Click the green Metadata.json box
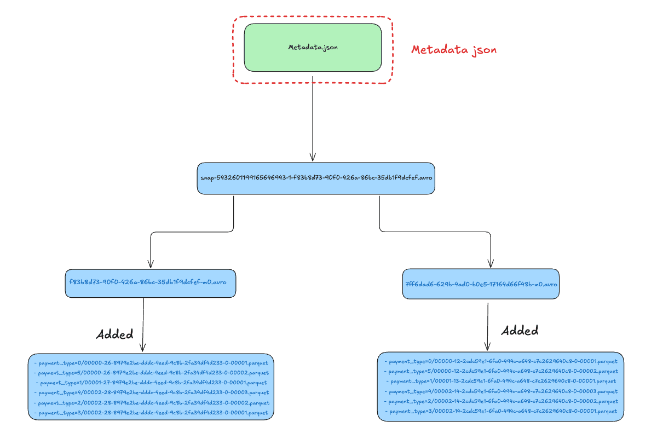(313, 48)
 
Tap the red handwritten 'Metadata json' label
(454, 50)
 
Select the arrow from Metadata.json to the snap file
(313, 119)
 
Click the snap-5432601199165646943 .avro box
(316, 178)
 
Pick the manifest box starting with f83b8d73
(151, 284)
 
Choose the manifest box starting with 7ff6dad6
(481, 284)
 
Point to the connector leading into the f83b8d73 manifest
(192, 232)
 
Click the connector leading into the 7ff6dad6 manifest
(435, 232)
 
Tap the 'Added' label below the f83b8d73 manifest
(114, 334)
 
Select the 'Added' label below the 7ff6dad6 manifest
(520, 331)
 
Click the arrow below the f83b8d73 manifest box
(143, 325)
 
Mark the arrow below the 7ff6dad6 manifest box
(488, 327)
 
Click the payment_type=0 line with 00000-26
(151, 363)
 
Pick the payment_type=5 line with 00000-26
(151, 373)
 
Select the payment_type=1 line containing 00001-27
(151, 383)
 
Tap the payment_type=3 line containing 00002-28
(151, 413)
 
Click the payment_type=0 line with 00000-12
(501, 362)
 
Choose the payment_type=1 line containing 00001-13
(502, 381)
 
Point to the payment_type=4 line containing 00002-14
(501, 391)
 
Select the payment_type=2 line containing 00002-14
(501, 401)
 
